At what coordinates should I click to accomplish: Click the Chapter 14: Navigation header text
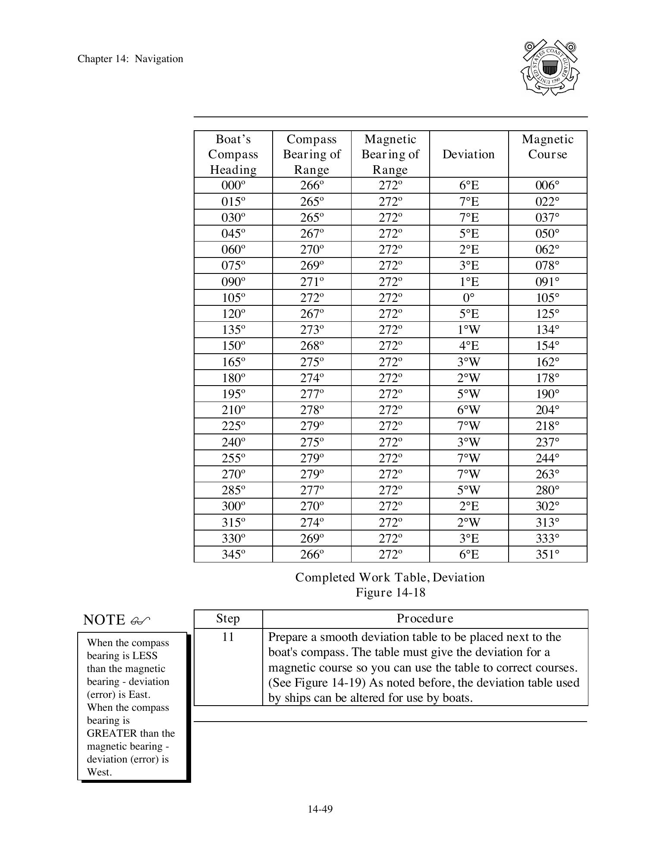click(130, 59)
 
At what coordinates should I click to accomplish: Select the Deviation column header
click(468, 154)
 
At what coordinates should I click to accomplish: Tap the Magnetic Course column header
click(547, 147)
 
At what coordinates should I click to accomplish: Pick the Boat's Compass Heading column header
click(233, 154)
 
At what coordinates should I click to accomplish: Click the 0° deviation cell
click(468, 298)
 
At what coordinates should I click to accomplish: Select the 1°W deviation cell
click(468, 330)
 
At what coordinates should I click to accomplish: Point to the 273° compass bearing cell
click(311, 330)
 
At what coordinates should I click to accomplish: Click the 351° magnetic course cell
click(547, 554)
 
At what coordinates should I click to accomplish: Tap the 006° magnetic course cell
click(547, 185)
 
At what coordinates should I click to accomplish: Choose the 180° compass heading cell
click(233, 378)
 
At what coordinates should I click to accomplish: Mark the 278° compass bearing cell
click(311, 410)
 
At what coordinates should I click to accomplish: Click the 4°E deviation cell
click(468, 346)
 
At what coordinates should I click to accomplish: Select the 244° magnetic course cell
click(547, 458)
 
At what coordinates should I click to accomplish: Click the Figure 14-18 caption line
click(390, 593)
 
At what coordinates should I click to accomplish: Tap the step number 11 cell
click(228, 637)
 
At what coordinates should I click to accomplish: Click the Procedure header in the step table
click(425, 619)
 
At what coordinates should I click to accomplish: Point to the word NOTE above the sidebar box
click(104, 620)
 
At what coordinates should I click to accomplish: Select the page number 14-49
click(320, 809)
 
